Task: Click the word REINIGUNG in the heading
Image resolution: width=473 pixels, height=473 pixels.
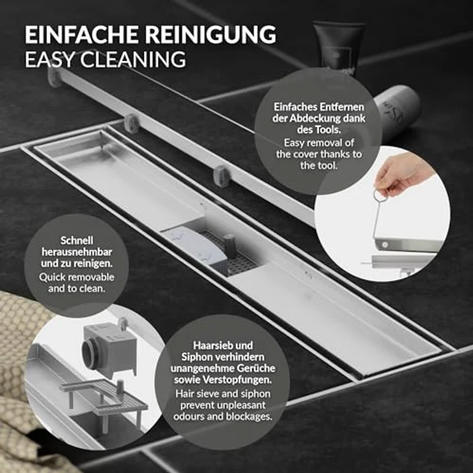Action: click(212, 33)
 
